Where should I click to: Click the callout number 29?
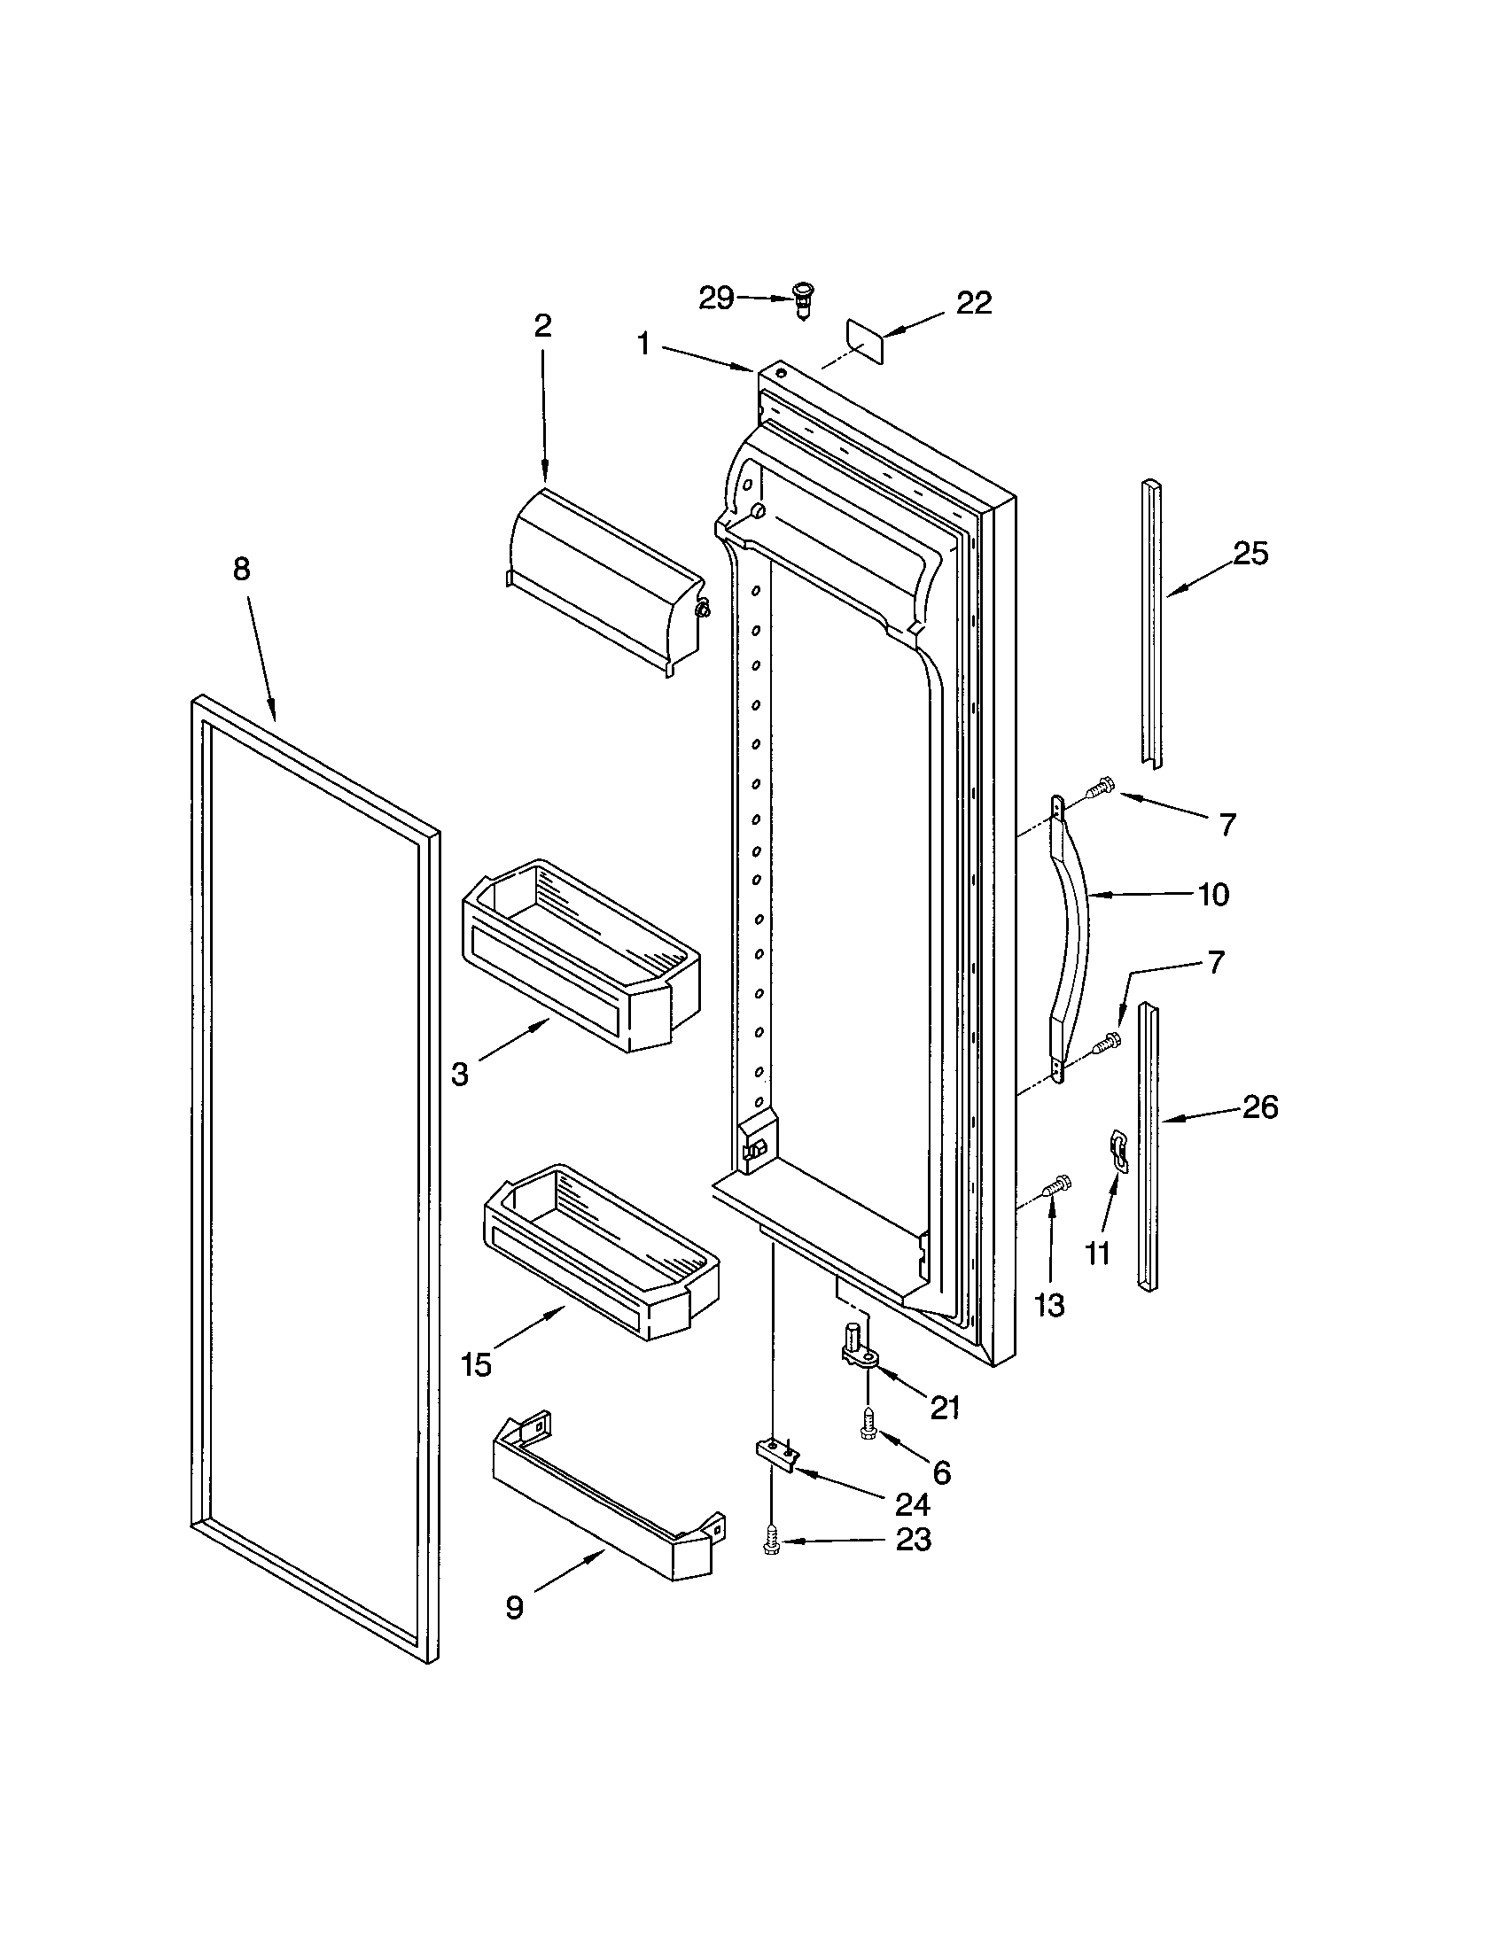tap(716, 298)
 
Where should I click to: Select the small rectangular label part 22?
tap(864, 341)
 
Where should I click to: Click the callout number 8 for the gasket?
tap(242, 570)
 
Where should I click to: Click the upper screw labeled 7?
tap(1099, 786)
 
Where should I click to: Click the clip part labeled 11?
tap(1117, 1148)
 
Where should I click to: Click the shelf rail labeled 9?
tap(607, 1499)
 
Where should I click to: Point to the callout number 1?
tap(644, 344)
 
